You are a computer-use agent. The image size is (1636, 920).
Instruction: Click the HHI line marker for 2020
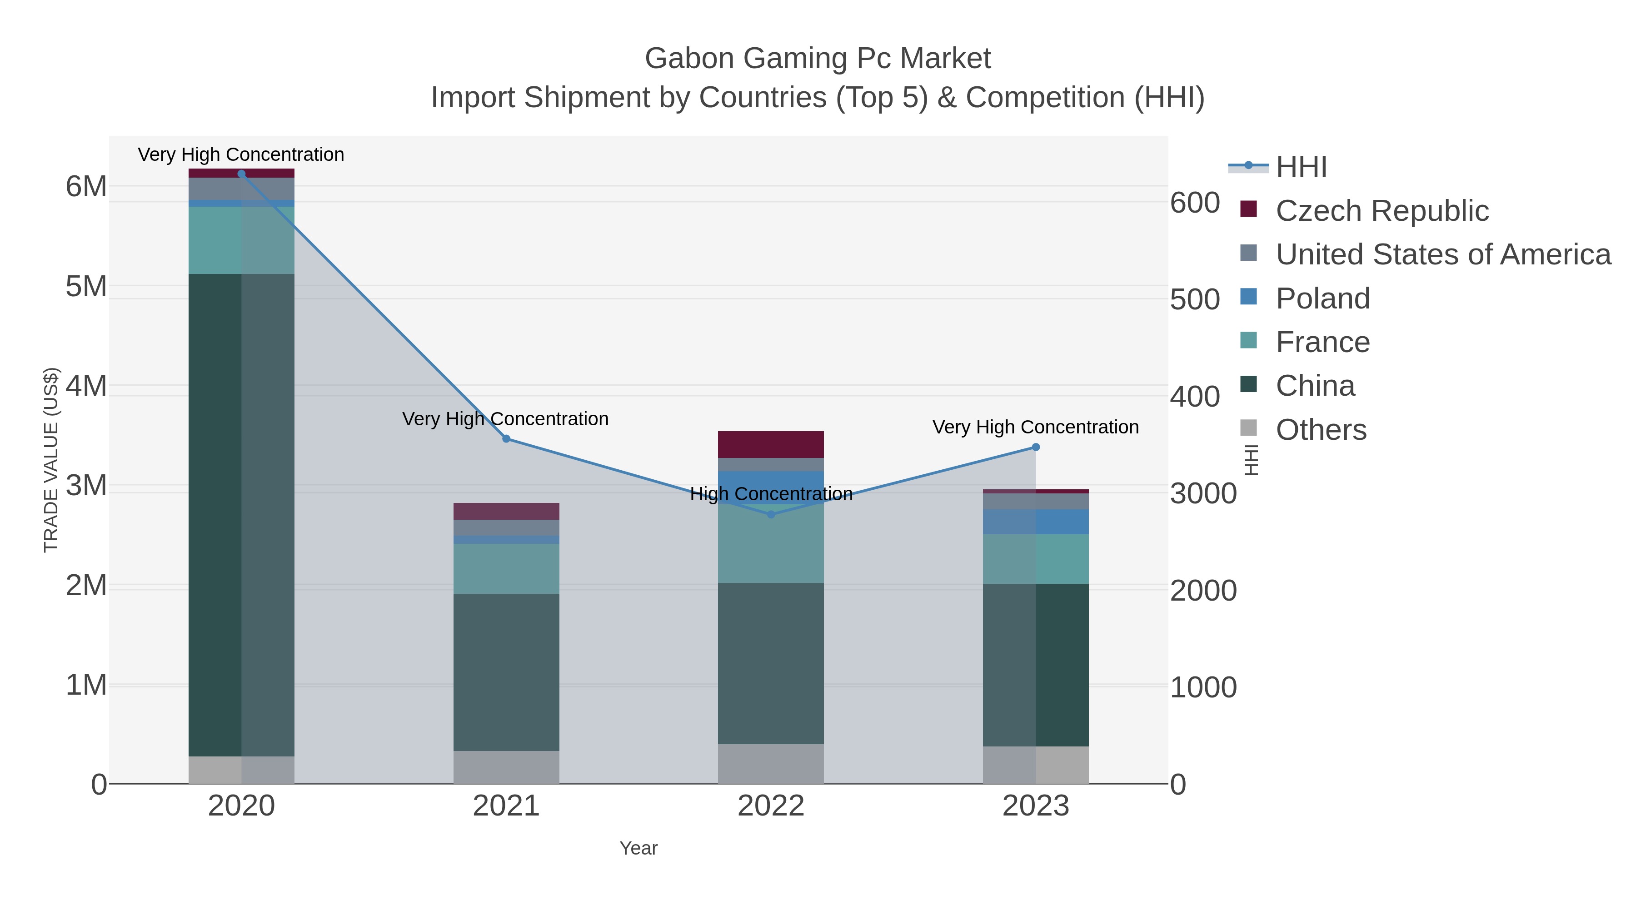(241, 174)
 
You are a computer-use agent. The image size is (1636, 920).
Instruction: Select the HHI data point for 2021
(506, 439)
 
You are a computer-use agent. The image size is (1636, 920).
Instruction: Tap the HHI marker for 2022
(771, 514)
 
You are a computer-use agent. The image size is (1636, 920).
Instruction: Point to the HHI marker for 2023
(1036, 447)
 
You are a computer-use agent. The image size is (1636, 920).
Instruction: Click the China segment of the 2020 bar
(241, 514)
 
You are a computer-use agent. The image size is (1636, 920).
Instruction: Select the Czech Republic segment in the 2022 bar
(771, 444)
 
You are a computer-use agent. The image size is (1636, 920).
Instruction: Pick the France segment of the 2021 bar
(506, 568)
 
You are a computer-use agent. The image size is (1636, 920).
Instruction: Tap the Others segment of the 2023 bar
(1036, 765)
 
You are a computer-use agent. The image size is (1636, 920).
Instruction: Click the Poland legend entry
(1323, 298)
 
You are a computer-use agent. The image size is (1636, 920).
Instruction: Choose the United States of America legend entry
(1443, 254)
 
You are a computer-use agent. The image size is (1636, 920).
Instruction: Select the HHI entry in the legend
(1301, 167)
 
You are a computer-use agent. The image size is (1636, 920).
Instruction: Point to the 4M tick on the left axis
(86, 386)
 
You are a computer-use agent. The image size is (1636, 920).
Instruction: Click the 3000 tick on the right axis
(1203, 494)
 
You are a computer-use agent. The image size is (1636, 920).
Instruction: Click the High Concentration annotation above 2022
(771, 494)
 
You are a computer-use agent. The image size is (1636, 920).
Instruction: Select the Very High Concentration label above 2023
(1035, 428)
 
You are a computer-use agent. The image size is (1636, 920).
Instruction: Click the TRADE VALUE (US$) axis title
(51, 460)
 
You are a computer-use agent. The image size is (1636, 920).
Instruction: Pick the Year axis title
(638, 848)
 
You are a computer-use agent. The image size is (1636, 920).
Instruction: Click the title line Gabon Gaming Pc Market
(818, 59)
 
